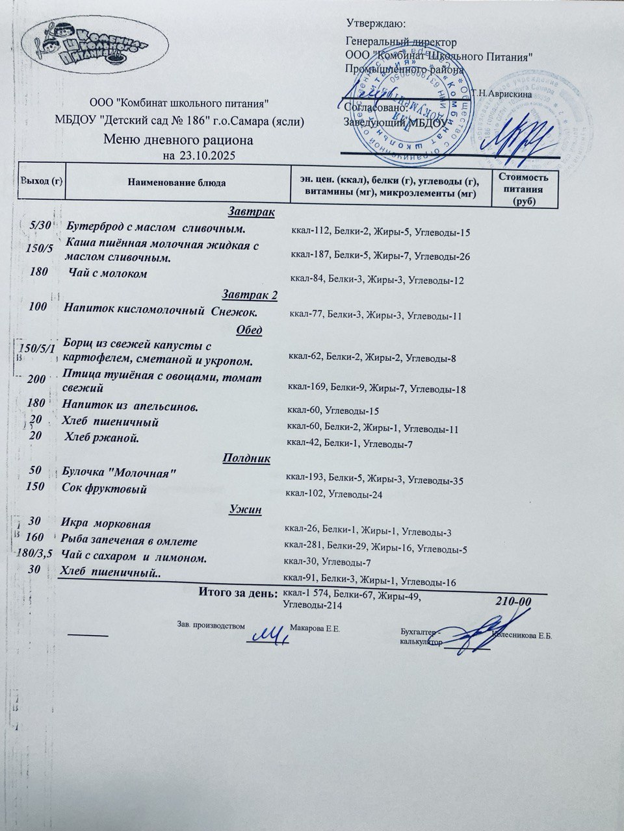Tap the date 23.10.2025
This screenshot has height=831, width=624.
pos(207,156)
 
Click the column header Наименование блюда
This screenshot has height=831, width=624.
pos(177,183)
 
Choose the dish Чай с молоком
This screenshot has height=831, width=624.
pos(108,274)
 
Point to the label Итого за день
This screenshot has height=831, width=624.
pos(237,592)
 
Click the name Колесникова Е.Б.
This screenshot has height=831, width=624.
pos(523,635)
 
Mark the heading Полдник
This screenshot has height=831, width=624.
pos(246,458)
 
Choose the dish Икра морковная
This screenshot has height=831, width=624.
pos(106,524)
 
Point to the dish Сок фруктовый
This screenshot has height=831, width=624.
pos(104,488)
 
